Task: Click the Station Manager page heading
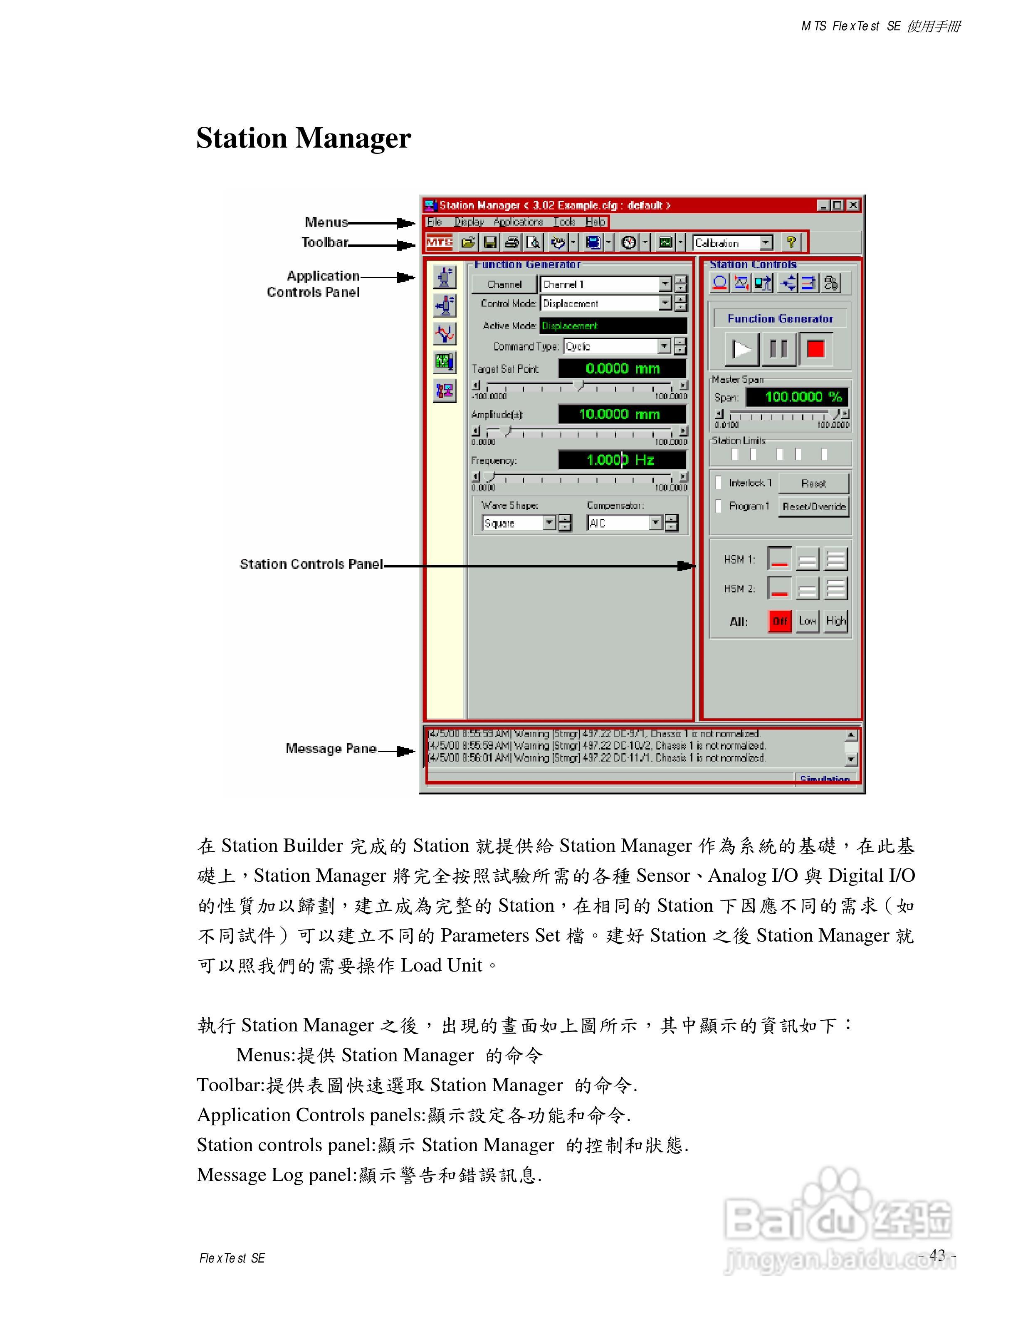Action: point(303,138)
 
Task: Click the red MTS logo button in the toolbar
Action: point(439,243)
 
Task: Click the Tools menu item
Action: point(564,222)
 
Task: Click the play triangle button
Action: point(741,349)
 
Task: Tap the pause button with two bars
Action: point(778,349)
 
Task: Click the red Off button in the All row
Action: point(780,621)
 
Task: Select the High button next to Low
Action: point(836,621)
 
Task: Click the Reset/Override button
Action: point(813,506)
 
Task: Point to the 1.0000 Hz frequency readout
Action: point(621,460)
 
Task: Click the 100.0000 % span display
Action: point(797,397)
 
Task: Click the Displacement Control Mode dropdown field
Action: point(605,303)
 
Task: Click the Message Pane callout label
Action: point(331,749)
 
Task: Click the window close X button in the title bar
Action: point(853,206)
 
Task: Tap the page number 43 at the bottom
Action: point(937,1255)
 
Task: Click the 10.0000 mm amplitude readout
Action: point(621,414)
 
